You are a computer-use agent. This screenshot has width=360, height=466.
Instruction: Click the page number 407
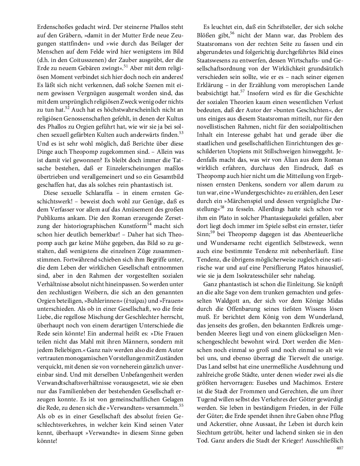tap(339, 448)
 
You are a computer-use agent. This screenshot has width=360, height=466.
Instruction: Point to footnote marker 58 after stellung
tap(222, 208)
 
